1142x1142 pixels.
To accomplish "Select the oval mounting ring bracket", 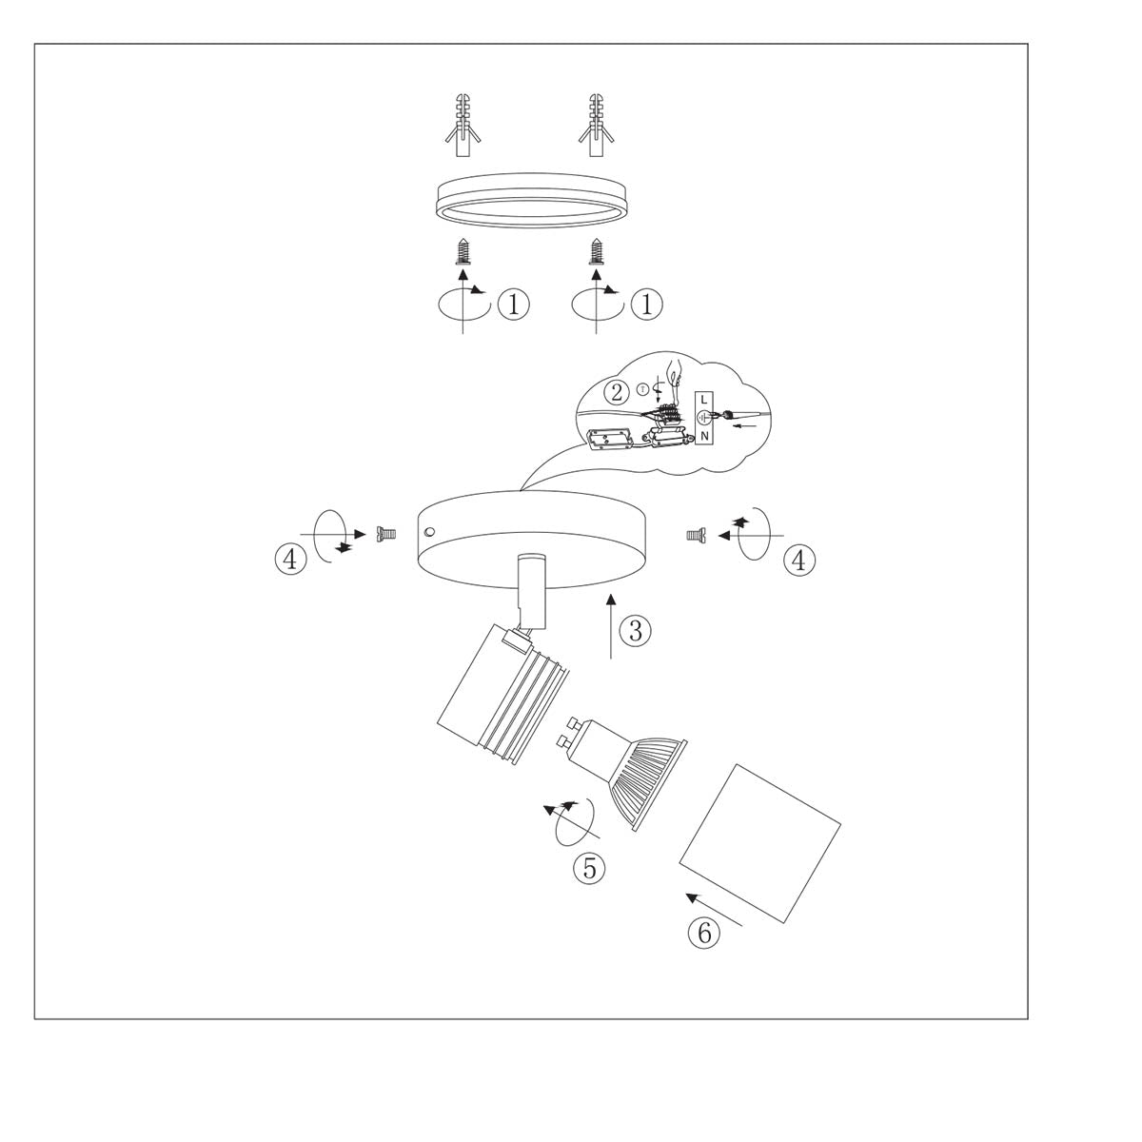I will pyautogui.click(x=529, y=202).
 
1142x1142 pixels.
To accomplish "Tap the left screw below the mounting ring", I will pyautogui.click(x=463, y=253).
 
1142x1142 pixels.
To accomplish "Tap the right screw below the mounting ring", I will pyautogui.click(x=597, y=253).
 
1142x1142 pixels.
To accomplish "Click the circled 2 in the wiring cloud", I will pyautogui.click(x=619, y=392).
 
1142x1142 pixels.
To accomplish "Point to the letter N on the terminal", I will pyautogui.click(x=703, y=436).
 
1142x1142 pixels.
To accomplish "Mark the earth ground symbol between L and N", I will pyautogui.click(x=703, y=417).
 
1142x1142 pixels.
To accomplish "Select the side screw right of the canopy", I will pyautogui.click(x=695, y=536).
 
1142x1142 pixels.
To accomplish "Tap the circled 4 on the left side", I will pyautogui.click(x=290, y=559).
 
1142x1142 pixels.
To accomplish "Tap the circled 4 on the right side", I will pyautogui.click(x=799, y=561).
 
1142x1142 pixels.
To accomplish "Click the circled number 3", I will pyautogui.click(x=636, y=629).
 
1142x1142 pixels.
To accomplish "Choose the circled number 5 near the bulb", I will pyautogui.click(x=589, y=867).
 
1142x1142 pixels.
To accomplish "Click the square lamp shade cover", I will pyautogui.click(x=759, y=843).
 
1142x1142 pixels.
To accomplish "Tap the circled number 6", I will pyautogui.click(x=704, y=933).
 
